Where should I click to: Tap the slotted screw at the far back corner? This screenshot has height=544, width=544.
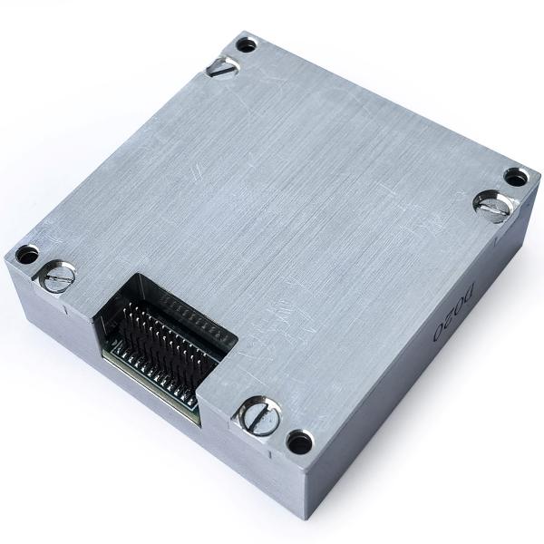(x=222, y=66)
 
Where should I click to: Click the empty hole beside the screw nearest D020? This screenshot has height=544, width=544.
(x=515, y=177)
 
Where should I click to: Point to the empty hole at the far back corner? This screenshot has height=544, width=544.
(x=246, y=44)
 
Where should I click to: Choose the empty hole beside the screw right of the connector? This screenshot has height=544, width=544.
(x=299, y=442)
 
